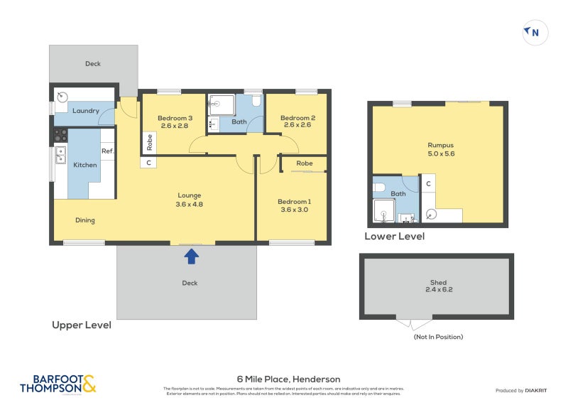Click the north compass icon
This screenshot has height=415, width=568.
[x=535, y=32]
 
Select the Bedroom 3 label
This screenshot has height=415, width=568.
[x=175, y=118]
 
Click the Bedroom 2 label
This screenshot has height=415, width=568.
[x=297, y=118]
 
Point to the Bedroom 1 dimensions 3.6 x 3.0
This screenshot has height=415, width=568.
[x=294, y=210]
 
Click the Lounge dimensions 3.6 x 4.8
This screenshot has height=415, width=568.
[x=190, y=204]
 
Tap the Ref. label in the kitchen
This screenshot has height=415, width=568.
[x=107, y=151]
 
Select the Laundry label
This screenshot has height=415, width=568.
[x=85, y=111]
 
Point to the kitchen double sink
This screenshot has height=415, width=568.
[x=60, y=155]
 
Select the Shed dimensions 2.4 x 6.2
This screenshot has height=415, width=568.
[x=438, y=290]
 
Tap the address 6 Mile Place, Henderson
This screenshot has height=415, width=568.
[x=288, y=379]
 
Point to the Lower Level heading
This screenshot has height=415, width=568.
[x=394, y=236]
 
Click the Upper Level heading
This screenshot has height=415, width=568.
[x=82, y=325]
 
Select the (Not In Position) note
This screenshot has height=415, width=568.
[x=437, y=336]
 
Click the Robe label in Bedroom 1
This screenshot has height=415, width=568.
[x=304, y=163]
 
